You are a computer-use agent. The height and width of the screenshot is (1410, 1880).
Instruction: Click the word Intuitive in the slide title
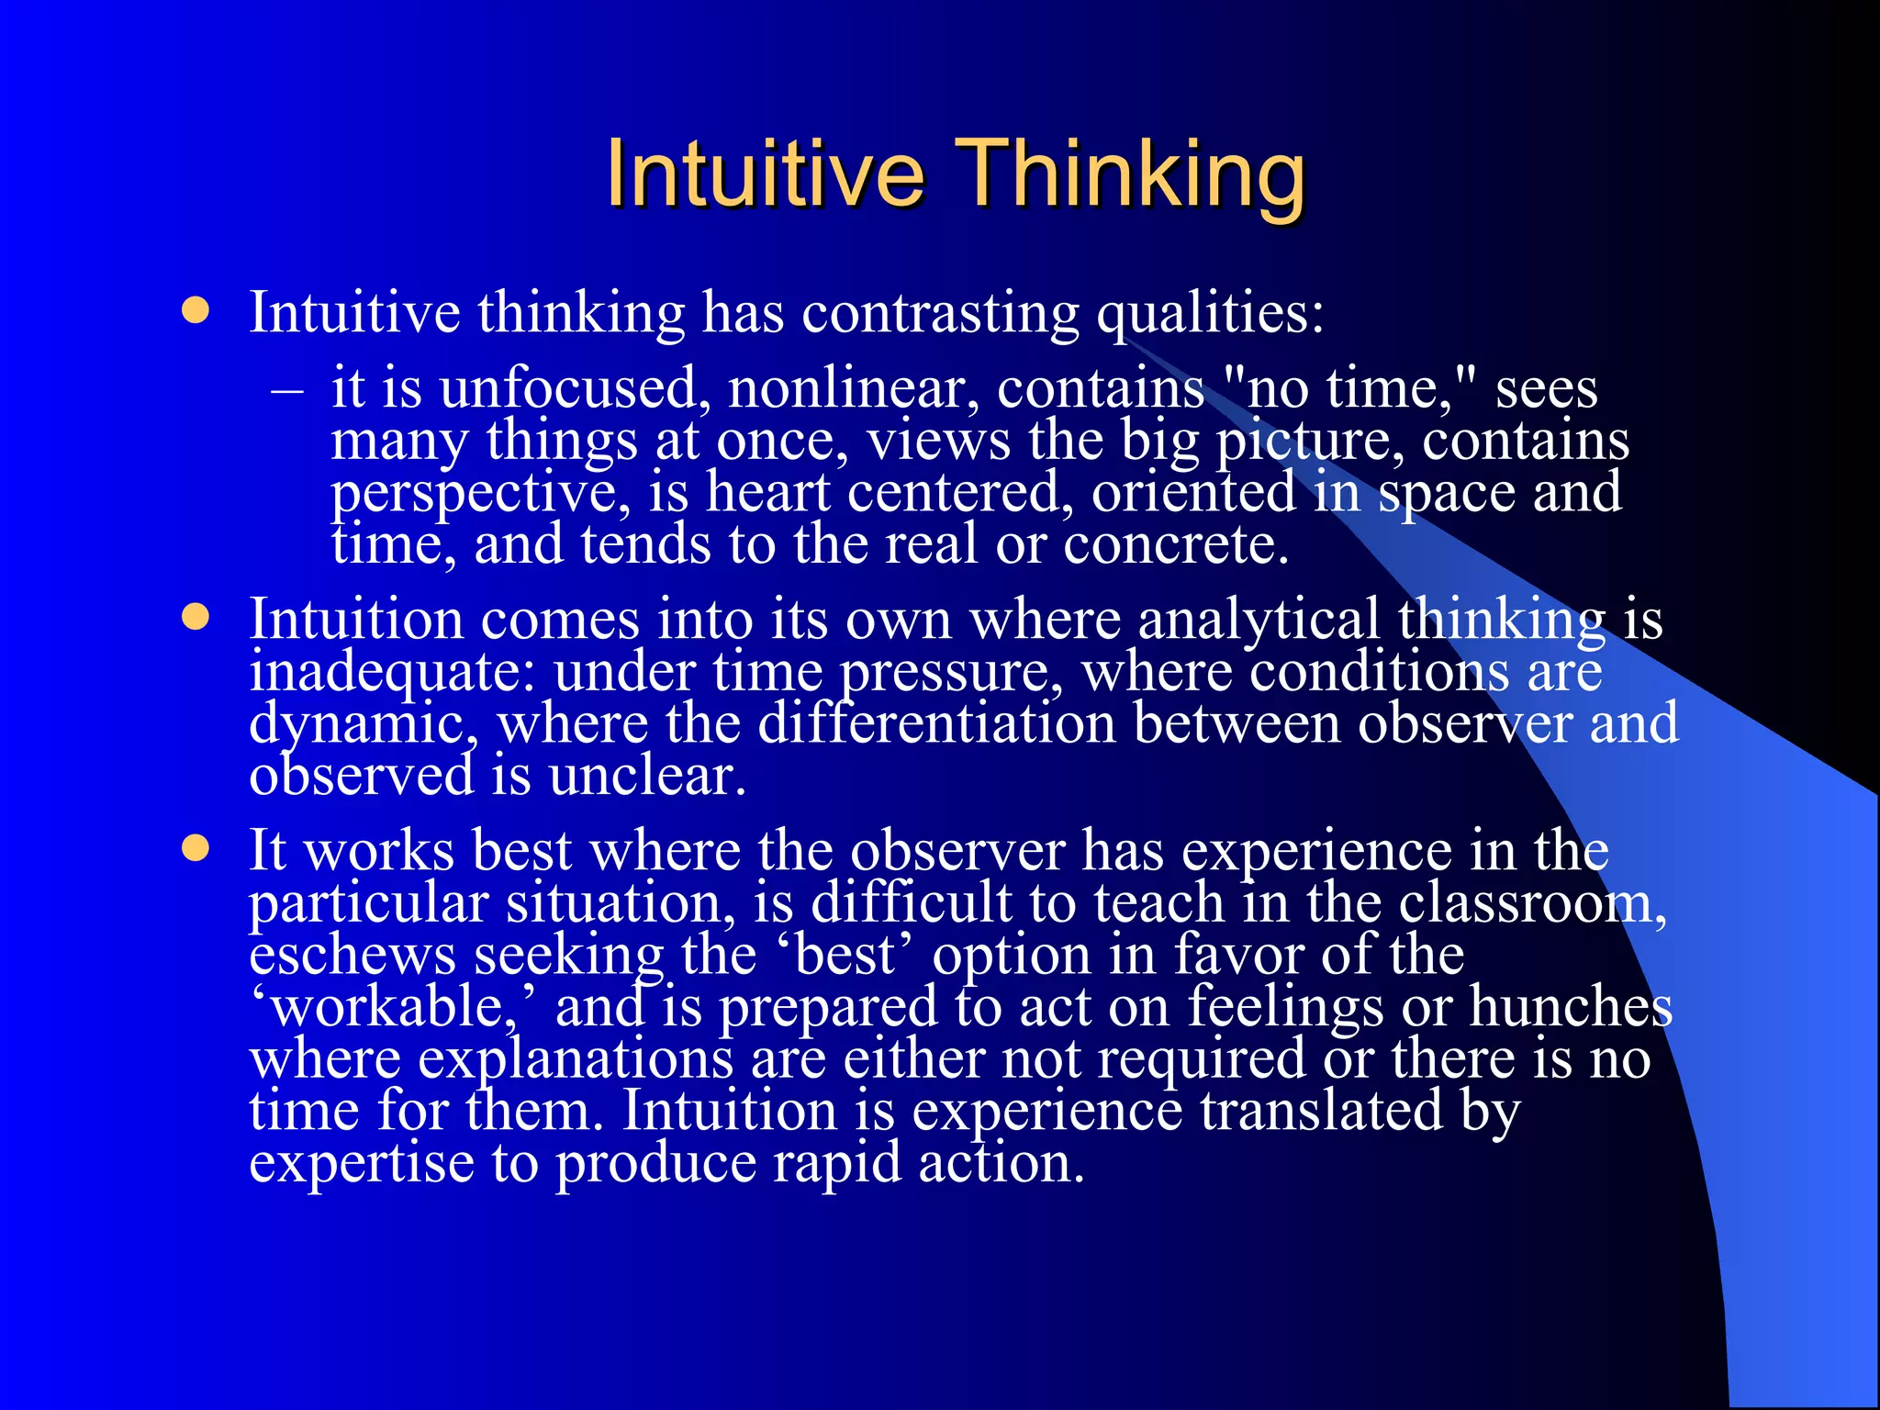pos(765,174)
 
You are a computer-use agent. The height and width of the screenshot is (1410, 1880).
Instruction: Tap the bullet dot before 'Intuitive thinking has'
pos(195,310)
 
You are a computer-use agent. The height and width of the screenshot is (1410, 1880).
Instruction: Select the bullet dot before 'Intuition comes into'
pos(195,617)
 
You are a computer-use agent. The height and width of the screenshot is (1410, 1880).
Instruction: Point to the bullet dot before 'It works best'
pos(195,848)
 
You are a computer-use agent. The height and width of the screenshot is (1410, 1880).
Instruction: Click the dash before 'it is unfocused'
pos(286,389)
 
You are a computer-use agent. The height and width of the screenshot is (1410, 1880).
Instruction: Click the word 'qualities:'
pos(1210,314)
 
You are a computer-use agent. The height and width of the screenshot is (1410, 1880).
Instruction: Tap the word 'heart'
pos(767,492)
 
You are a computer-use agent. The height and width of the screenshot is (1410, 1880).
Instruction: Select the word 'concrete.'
pos(1176,545)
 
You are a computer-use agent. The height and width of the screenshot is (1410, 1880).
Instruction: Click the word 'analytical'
pos(1259,619)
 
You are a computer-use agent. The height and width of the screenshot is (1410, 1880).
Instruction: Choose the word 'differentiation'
pos(936,723)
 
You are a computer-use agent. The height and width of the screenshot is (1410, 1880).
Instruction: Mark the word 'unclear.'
pos(647,777)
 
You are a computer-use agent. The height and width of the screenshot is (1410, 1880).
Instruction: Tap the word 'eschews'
pos(352,955)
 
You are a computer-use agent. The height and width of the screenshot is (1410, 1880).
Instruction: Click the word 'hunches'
pos(1571,1006)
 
